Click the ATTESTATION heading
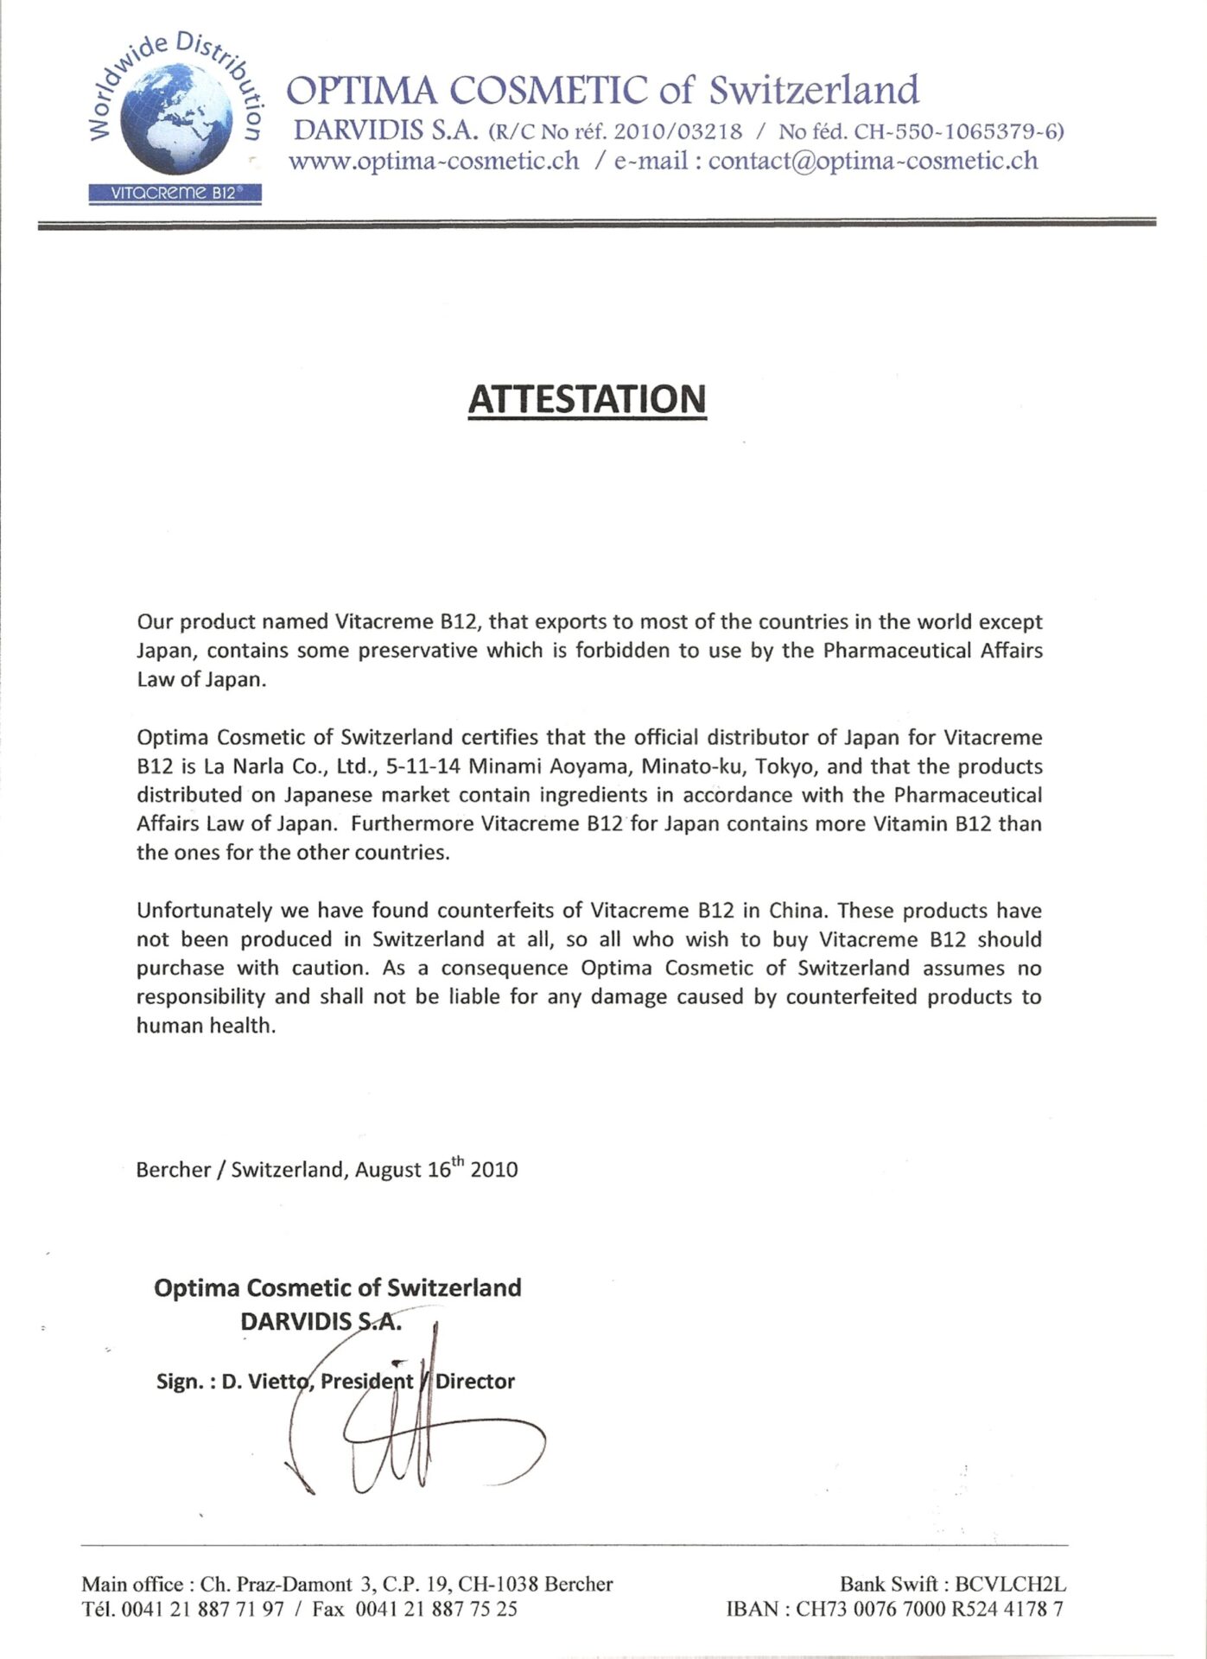point(587,399)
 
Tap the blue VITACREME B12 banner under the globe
point(175,194)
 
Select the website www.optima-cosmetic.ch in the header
point(434,162)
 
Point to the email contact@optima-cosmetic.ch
point(873,162)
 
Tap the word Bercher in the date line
point(174,1170)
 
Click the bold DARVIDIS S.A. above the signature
point(321,1321)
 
